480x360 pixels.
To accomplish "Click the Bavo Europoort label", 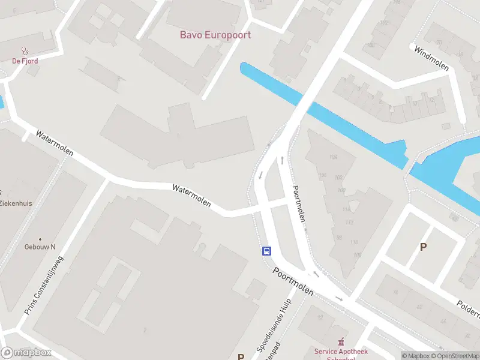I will pyautogui.click(x=215, y=35).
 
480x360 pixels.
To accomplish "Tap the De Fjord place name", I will pyautogui.click(x=25, y=61).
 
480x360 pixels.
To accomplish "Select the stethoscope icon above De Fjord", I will pyautogui.click(x=25, y=52).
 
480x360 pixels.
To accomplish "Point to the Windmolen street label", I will pyautogui.click(x=431, y=58).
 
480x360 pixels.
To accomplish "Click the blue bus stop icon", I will pyautogui.click(x=266, y=251).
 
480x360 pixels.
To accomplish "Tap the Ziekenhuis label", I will pyautogui.click(x=16, y=203).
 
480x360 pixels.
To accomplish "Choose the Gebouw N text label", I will pyautogui.click(x=40, y=247).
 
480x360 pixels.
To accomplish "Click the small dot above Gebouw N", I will pyautogui.click(x=40, y=239).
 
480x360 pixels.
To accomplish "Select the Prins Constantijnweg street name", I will pyautogui.click(x=44, y=286).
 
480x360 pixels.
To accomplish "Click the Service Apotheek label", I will pyautogui.click(x=341, y=352).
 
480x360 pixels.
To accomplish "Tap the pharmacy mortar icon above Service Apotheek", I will pyautogui.click(x=342, y=341).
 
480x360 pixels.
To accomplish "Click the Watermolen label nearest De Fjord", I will pyautogui.click(x=55, y=143).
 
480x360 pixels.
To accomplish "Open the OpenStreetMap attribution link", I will pyautogui.click(x=453, y=356).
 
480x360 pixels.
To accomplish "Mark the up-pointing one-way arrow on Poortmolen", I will pyautogui.click(x=282, y=160).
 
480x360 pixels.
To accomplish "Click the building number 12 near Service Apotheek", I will pyautogui.click(x=320, y=317).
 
